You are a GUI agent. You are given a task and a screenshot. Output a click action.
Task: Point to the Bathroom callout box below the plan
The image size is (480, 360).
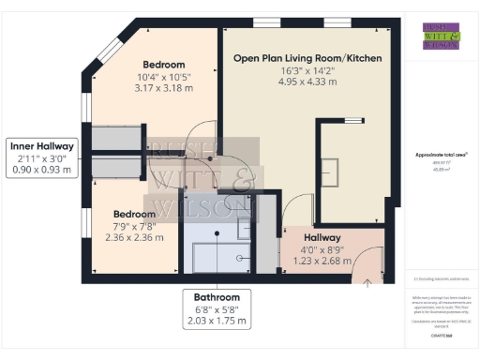point(217,307)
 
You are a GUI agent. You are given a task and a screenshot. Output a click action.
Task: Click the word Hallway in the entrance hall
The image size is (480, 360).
point(322,238)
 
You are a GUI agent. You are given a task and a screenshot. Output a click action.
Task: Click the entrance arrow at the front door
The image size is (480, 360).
point(367,278)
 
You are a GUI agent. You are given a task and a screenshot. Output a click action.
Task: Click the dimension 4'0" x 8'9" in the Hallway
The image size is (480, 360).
point(322,250)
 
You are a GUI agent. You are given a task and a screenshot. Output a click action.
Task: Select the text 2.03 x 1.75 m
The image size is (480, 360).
point(217,321)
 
